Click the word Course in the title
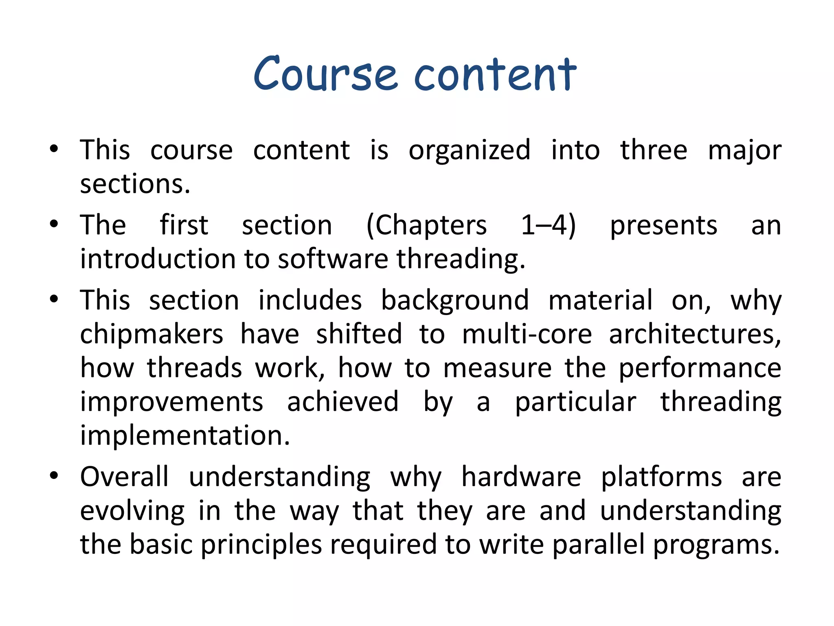click(x=325, y=74)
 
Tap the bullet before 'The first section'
click(x=54, y=225)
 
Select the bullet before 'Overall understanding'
click(x=54, y=476)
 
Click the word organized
click(x=469, y=151)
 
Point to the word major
click(x=744, y=151)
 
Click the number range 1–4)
click(x=548, y=225)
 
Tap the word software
click(x=333, y=259)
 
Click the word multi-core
click(x=527, y=334)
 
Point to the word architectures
click(x=695, y=334)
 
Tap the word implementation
click(x=184, y=436)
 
